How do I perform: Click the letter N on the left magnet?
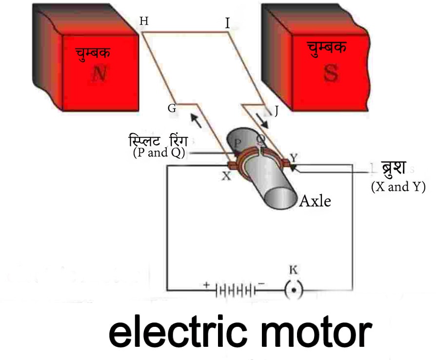pyautogui.click(x=99, y=74)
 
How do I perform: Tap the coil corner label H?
pyautogui.click(x=144, y=21)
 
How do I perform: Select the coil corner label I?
pyautogui.click(x=227, y=22)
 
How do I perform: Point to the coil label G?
pyautogui.click(x=172, y=108)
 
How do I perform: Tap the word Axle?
pyautogui.click(x=315, y=200)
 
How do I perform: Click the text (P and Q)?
pyautogui.click(x=159, y=153)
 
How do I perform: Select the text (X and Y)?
pyautogui.click(x=398, y=186)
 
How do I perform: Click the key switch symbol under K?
pyautogui.click(x=294, y=291)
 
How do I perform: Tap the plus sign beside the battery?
pyautogui.click(x=207, y=284)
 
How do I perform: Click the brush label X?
pyautogui.click(x=226, y=177)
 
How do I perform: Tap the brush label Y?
pyautogui.click(x=294, y=157)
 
